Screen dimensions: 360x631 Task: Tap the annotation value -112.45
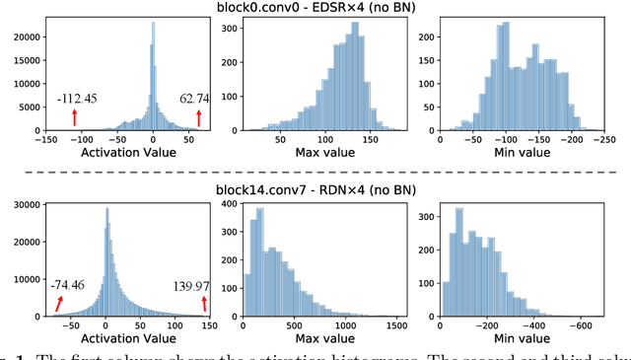coord(77,98)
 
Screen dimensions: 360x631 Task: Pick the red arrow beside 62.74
coord(198,117)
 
